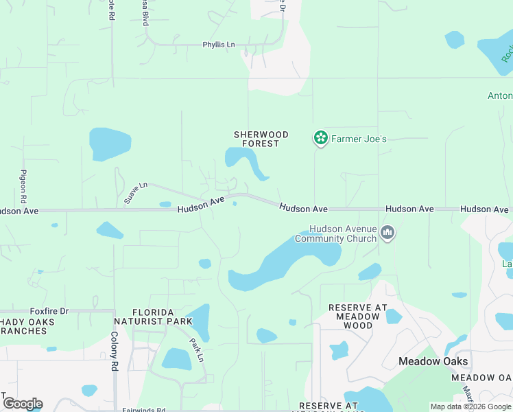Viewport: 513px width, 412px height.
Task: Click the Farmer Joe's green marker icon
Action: coord(320,139)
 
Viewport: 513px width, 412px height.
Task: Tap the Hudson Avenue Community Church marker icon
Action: coord(387,233)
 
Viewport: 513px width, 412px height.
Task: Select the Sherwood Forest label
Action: coord(261,139)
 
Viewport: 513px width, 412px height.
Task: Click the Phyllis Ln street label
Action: coord(218,45)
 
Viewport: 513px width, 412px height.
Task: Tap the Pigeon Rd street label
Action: coord(23,185)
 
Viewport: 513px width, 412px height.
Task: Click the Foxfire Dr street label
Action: coord(49,311)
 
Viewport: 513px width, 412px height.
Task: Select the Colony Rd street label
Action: coord(114,351)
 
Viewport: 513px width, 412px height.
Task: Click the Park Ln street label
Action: coord(197,350)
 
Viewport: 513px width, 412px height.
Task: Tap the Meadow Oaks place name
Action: coord(433,361)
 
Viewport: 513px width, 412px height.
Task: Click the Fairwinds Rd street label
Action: coord(144,410)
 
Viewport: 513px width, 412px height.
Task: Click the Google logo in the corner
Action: coord(22,404)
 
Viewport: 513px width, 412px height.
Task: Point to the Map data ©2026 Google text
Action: coord(470,407)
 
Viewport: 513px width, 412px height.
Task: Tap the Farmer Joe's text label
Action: coord(359,139)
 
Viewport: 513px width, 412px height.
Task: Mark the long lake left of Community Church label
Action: coord(285,264)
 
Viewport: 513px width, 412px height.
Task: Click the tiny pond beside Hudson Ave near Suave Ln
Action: coord(165,204)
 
